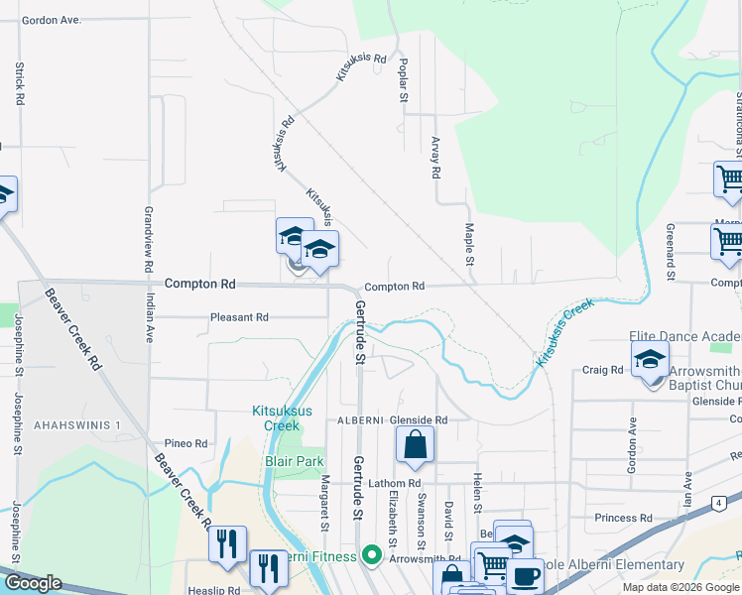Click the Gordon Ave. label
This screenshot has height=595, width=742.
coord(51,20)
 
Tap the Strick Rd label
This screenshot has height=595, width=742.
coord(19,85)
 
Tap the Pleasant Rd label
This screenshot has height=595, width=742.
coord(239,318)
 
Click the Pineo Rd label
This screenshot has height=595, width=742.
coord(186,444)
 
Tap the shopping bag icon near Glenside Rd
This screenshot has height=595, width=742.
coord(416,446)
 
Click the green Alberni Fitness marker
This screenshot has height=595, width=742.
coord(372,555)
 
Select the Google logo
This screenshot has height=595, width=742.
coord(33,583)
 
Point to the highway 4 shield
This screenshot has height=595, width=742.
coord(716,505)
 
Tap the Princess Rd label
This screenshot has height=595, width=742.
coord(623,518)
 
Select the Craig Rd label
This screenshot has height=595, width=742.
coord(602,370)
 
